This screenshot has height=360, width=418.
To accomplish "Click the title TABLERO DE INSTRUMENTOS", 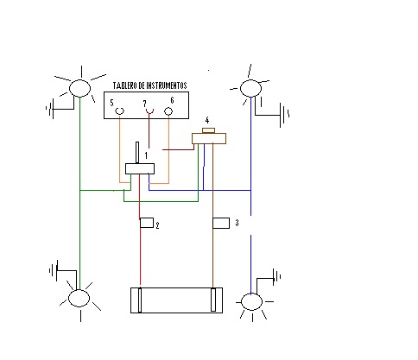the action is (x=149, y=85).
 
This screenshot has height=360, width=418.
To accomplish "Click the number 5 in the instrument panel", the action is (x=111, y=103).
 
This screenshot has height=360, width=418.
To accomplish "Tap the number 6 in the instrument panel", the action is (x=172, y=100).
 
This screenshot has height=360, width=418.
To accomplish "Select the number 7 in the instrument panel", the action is (x=145, y=104).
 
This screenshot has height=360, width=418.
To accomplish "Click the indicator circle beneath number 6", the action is (x=168, y=111).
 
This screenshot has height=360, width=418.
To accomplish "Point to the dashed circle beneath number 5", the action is (x=120, y=111).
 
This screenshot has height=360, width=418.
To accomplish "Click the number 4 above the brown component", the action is (x=207, y=120).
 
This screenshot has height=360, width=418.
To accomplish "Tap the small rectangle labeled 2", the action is (x=147, y=223).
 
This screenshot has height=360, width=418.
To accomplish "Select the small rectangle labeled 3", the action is (x=221, y=223).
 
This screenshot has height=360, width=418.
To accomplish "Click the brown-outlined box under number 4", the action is (x=209, y=138).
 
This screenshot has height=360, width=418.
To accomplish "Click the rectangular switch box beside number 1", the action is (x=140, y=168).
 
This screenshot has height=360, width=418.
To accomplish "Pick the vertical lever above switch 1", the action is (x=137, y=153).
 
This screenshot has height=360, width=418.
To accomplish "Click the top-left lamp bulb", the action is (x=80, y=88).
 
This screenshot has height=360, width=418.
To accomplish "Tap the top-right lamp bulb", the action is (x=250, y=88).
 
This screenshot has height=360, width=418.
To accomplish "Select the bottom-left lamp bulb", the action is (x=79, y=298).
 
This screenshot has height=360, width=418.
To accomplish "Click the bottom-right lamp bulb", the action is (x=251, y=301).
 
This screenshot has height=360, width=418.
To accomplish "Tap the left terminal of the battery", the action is (x=140, y=300).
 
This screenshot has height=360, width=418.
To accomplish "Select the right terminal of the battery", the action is (x=213, y=300).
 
